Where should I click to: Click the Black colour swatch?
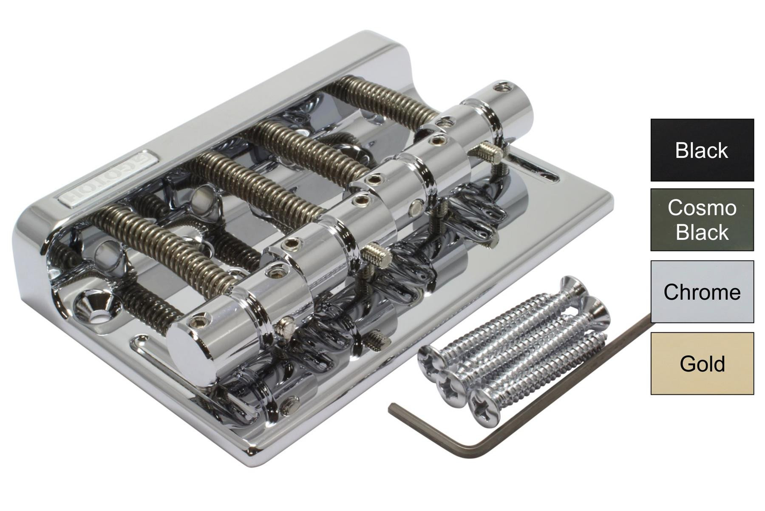click(702, 150)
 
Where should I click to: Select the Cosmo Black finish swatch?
click(702, 220)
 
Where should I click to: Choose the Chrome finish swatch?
click(702, 292)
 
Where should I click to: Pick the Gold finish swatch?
click(702, 364)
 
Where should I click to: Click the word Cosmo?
click(702, 208)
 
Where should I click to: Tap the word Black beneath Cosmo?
click(702, 232)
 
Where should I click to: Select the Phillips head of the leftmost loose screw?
click(429, 360)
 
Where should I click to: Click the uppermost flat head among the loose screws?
click(574, 285)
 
